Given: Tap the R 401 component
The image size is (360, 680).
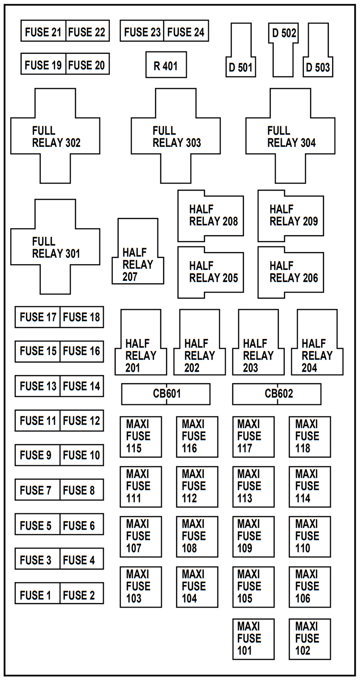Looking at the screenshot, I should click(x=166, y=65).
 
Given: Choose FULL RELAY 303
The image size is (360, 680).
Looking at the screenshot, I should click(x=176, y=136).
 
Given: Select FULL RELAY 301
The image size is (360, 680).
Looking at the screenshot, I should click(x=56, y=246).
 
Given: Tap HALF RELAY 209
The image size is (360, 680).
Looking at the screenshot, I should click(x=291, y=216).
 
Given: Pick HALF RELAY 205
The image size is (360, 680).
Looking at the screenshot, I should click(x=210, y=272).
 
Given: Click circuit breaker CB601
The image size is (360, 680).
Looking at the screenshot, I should click(x=166, y=394).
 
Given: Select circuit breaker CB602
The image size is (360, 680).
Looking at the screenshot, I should click(x=277, y=394).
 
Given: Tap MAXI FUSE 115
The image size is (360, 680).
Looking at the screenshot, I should click(x=141, y=437).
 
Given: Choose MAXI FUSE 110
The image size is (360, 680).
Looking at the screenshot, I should click(x=310, y=536).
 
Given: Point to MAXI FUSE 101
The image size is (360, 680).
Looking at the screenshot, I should click(x=253, y=639).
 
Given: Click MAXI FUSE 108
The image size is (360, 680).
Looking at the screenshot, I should click(x=197, y=536).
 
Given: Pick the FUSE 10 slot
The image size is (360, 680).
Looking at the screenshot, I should click(x=82, y=455).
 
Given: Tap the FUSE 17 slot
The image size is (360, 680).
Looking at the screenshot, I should click(x=37, y=317).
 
